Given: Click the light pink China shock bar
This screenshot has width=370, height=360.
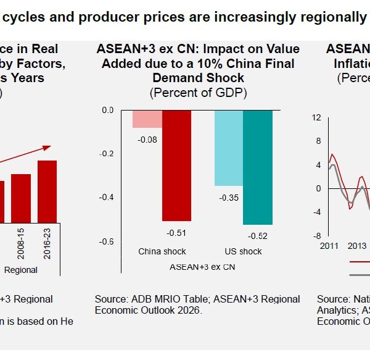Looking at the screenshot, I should (147, 119).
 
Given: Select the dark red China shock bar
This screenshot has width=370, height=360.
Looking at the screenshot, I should (176, 165).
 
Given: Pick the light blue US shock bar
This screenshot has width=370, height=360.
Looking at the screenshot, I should (228, 148).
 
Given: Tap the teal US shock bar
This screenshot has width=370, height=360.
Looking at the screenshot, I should (258, 167).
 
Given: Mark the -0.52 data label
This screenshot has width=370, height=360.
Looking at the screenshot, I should (258, 236).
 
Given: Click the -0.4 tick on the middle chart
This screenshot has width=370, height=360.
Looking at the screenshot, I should (107, 198).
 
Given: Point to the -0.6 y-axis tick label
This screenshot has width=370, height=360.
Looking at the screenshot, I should (107, 241).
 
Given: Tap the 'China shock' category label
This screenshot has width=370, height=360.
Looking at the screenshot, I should (162, 251).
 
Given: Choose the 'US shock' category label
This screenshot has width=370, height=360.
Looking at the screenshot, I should (243, 251).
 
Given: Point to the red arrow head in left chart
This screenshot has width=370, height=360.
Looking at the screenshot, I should (47, 148).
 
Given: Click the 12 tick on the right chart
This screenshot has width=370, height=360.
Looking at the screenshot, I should (316, 118).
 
